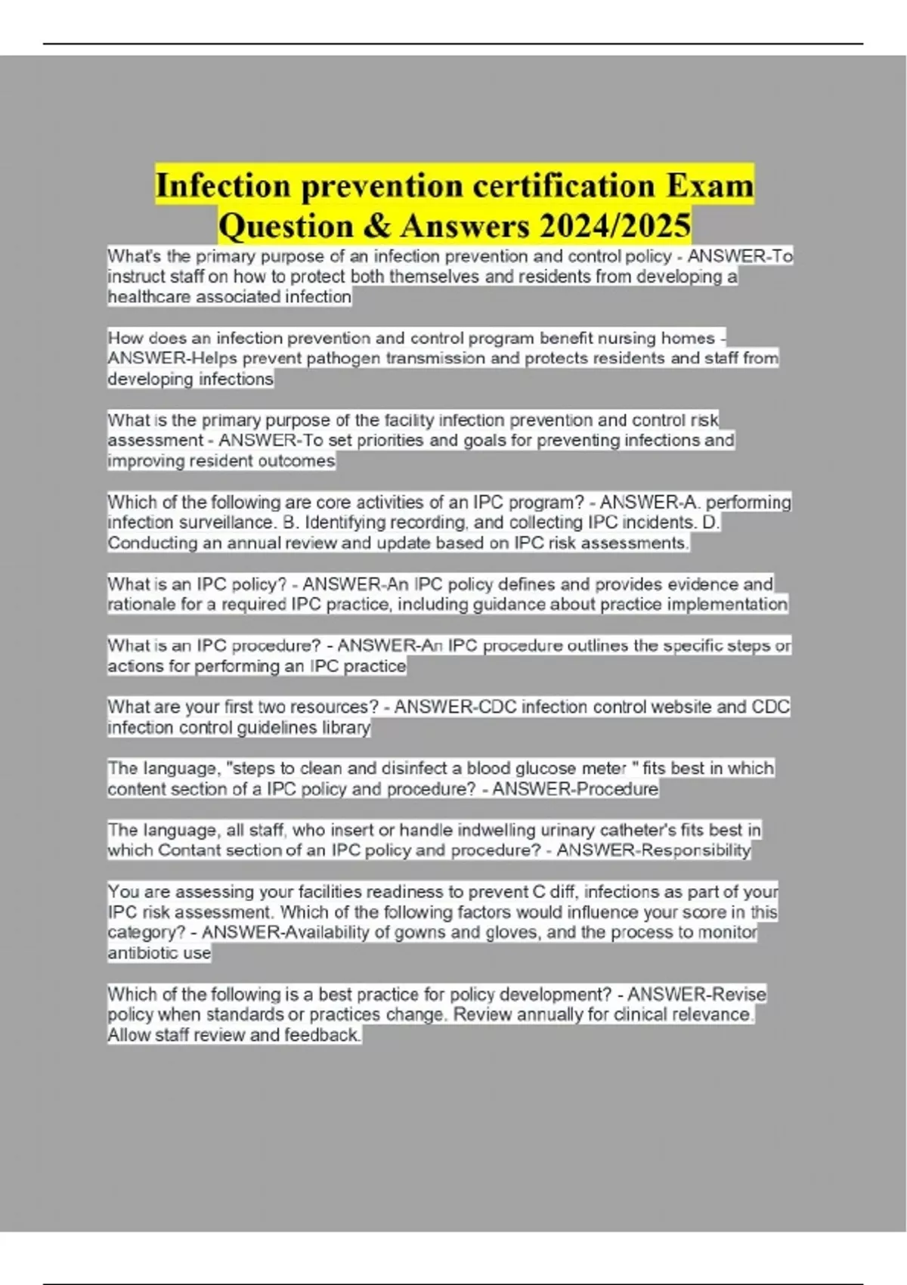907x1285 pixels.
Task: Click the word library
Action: point(345,728)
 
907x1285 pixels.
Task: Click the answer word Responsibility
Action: point(695,850)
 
